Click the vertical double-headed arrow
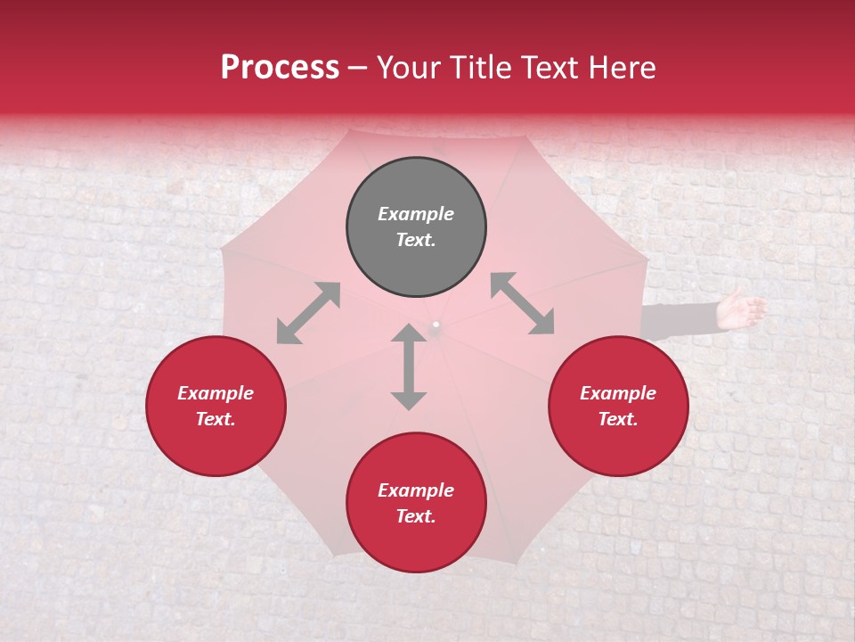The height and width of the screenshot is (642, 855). click(409, 366)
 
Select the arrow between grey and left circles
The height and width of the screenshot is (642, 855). click(308, 313)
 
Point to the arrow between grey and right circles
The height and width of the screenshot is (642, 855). click(522, 303)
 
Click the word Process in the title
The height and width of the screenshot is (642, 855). click(280, 68)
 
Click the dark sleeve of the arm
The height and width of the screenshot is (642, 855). click(681, 319)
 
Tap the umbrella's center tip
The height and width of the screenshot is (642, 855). click(436, 325)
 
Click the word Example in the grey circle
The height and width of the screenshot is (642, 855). click(416, 214)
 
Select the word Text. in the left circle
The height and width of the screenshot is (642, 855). click(216, 419)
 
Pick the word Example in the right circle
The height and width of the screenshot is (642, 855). click(618, 393)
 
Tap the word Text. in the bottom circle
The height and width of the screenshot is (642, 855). click(416, 516)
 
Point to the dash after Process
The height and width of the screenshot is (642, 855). click(358, 69)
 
